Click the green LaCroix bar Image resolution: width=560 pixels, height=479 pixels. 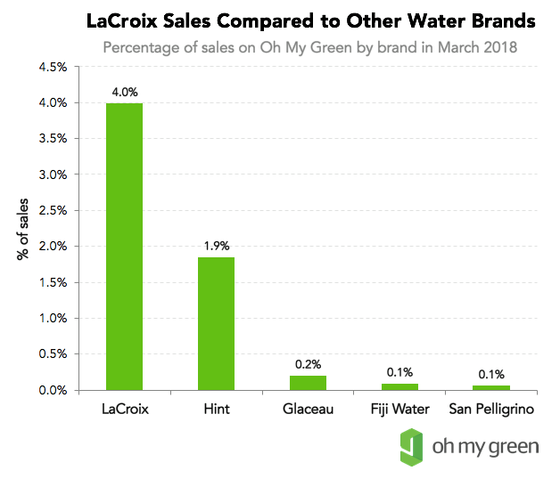(124, 247)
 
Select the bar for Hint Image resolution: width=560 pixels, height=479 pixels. (216, 323)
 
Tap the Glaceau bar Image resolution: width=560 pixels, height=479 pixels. (308, 383)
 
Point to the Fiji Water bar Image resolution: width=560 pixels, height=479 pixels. (400, 386)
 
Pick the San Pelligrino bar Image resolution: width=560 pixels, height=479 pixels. (491, 387)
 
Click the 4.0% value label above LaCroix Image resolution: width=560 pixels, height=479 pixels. (124, 92)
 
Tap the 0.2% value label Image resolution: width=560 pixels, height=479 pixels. (308, 364)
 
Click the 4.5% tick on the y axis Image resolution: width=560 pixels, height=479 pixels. (53, 68)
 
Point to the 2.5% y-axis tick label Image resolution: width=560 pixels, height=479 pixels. (53, 211)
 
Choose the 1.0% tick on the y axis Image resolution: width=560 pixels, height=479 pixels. (53, 319)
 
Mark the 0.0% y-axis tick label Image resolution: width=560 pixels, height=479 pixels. (53, 390)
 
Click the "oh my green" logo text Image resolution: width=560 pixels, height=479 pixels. (486, 444)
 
